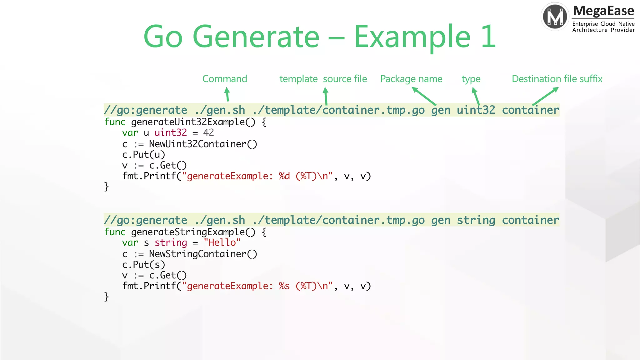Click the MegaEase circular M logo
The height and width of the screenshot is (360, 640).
[x=555, y=16]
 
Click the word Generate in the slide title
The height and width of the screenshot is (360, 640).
[x=256, y=37]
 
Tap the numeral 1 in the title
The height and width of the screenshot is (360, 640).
[x=488, y=37]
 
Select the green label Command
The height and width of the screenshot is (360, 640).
[x=225, y=79]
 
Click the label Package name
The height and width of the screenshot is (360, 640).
[x=411, y=79]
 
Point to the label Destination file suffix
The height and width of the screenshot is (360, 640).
[x=557, y=79]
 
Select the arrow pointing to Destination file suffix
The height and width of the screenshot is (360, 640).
[x=545, y=96]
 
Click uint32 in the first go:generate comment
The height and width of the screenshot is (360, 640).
[x=476, y=110]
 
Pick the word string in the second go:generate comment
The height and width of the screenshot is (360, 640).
[x=476, y=220]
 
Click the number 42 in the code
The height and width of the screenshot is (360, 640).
[x=208, y=132]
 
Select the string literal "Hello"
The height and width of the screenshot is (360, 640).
[x=222, y=242]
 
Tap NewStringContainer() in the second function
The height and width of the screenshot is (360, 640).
[x=203, y=254]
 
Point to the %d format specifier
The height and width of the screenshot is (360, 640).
[x=284, y=176]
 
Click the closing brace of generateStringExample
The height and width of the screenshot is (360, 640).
[x=107, y=296]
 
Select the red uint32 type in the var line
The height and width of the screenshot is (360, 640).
[x=171, y=132]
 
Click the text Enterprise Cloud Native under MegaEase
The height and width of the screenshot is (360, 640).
[x=603, y=24]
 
